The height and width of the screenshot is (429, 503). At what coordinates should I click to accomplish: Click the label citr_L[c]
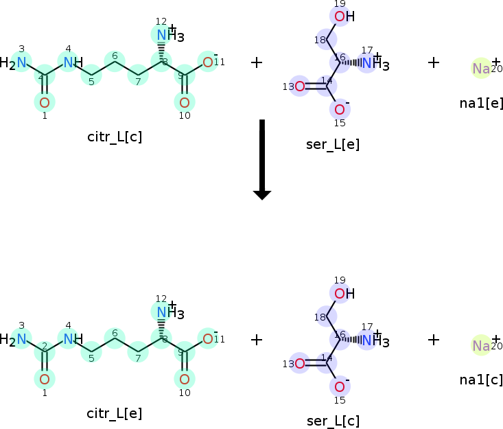(x=115, y=136)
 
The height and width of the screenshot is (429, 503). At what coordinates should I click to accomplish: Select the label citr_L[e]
(x=115, y=413)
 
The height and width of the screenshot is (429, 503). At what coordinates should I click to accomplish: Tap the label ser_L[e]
(x=333, y=143)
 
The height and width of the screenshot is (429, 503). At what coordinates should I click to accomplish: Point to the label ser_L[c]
(x=333, y=420)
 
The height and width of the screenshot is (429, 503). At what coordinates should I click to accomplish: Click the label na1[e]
(x=481, y=103)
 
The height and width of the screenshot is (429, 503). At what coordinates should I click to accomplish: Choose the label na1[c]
(x=481, y=379)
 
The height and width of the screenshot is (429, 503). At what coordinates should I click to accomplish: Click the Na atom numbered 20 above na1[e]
(x=481, y=69)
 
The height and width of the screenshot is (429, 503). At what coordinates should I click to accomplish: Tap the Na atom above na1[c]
(x=481, y=345)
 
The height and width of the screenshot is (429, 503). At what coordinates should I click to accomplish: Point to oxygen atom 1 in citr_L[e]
(x=45, y=379)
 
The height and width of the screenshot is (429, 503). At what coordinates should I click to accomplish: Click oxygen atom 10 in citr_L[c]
(x=184, y=103)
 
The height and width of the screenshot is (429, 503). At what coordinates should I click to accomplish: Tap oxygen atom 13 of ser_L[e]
(x=299, y=86)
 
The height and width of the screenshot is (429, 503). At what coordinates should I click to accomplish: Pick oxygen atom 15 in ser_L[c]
(x=340, y=386)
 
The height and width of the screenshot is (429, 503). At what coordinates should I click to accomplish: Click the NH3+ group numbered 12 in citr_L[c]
(x=165, y=35)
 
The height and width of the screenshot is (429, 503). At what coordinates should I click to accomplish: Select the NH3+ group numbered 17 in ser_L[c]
(x=373, y=339)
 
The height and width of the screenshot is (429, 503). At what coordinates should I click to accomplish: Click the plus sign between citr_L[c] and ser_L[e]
(x=257, y=62)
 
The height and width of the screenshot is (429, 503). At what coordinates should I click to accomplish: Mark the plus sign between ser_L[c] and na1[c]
(x=434, y=339)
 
